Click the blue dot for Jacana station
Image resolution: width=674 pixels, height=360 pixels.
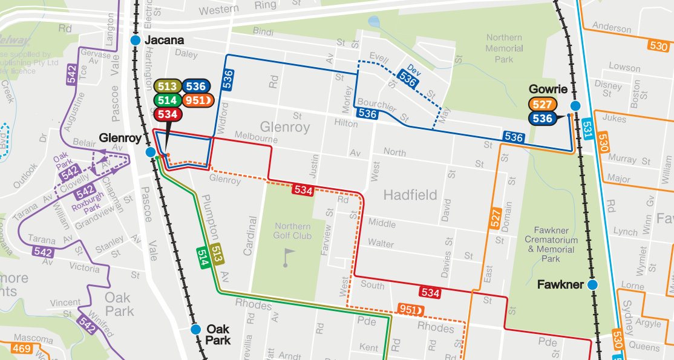136,41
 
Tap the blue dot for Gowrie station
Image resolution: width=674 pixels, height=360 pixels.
575,105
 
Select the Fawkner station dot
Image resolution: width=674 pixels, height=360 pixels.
592,284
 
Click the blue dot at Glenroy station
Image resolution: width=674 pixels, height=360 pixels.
151,152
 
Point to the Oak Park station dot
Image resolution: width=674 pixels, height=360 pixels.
195,330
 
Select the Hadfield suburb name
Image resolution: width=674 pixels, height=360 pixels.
410,195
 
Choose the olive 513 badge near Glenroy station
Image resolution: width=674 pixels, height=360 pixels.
167,87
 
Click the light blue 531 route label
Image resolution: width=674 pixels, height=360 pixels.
586,128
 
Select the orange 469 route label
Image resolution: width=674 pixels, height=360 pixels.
21,349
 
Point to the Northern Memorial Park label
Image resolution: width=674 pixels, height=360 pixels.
504,48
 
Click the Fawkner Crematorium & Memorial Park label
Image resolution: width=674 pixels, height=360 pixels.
551,244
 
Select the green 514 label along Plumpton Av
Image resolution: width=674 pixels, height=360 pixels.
203,257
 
